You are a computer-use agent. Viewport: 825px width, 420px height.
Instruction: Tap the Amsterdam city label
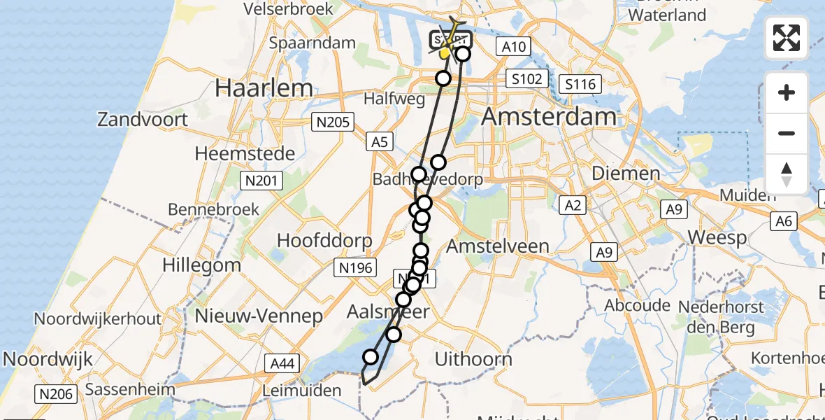pos(549,116)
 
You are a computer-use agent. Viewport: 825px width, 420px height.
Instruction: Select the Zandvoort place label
pos(143,119)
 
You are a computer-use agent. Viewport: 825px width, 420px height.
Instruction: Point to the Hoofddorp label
pos(324,240)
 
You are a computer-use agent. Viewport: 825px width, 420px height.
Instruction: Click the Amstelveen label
pos(498,246)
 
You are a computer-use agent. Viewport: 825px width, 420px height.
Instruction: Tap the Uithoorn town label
pos(473,360)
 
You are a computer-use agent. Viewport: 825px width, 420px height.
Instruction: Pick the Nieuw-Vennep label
pos(259,315)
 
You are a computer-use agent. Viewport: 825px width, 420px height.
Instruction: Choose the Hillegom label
pos(201,265)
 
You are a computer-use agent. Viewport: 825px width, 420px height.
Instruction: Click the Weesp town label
pos(717,237)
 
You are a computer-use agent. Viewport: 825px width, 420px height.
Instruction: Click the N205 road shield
pos(332,123)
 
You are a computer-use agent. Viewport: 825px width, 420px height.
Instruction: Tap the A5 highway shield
pos(378,142)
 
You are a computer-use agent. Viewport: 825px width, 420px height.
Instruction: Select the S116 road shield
pos(580,85)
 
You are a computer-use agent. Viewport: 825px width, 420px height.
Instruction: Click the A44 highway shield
pos(282,363)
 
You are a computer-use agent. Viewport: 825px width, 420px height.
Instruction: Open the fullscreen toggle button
pos(787,37)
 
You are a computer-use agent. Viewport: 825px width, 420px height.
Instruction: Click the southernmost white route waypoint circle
pos(370,358)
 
